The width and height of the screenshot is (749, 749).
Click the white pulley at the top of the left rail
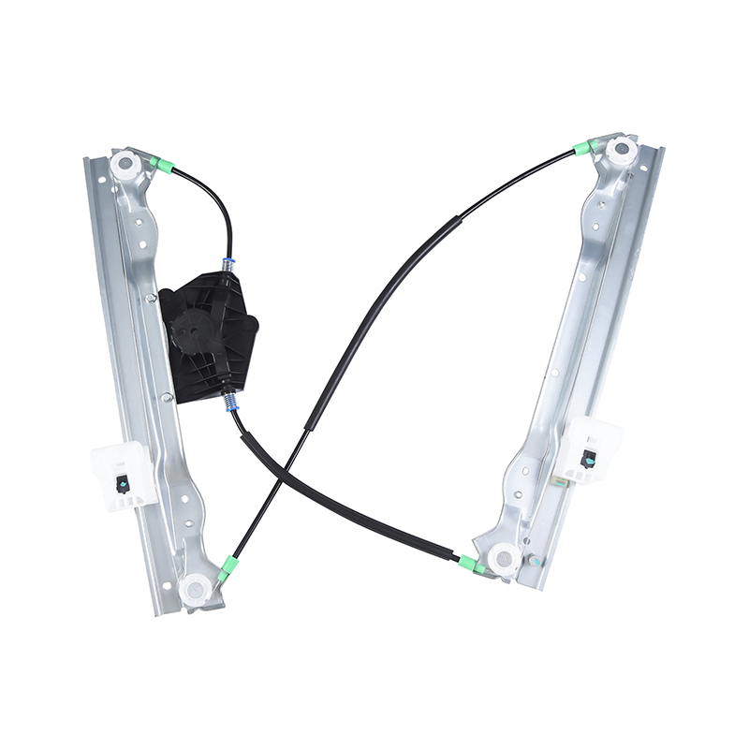[x=124, y=166]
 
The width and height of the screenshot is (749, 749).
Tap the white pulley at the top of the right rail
[x=620, y=151]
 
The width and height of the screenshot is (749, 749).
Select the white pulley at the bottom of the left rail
[x=195, y=589]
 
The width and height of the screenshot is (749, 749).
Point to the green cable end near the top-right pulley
[x=585, y=147]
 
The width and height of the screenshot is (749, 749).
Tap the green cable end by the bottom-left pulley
[x=228, y=566]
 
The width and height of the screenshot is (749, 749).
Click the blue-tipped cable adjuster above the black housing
[x=227, y=265]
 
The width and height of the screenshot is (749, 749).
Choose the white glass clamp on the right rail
[x=591, y=449]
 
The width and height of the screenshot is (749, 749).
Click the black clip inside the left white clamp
[x=123, y=482]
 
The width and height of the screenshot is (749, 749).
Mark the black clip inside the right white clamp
[x=589, y=459]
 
